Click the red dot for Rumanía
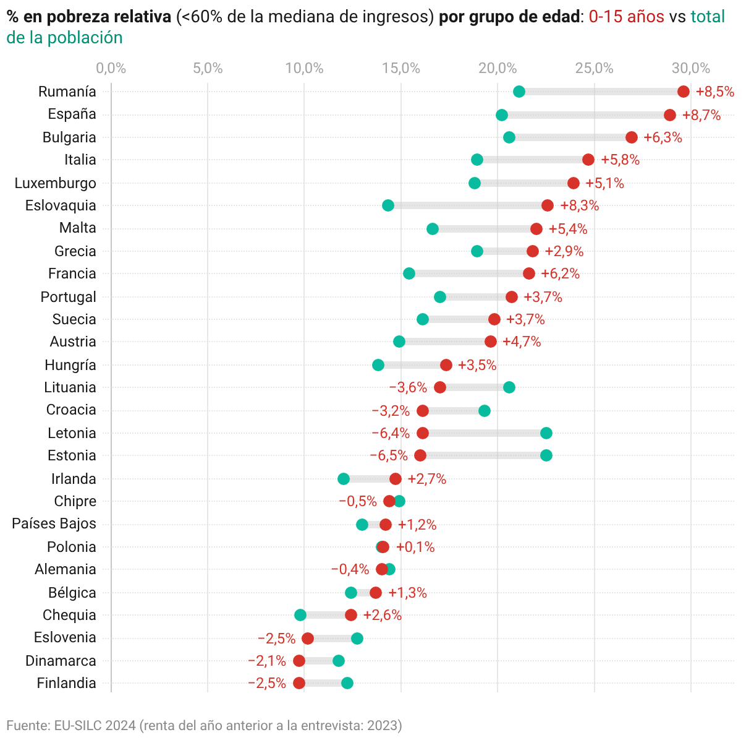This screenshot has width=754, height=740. point(683,92)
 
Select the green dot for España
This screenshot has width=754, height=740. point(502,115)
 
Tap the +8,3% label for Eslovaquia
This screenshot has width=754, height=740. point(579,205)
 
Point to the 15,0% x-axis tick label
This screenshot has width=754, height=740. point(400,68)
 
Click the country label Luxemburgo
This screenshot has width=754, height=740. point(55,183)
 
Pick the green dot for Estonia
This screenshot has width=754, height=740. point(546,455)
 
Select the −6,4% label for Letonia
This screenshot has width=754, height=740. point(390,433)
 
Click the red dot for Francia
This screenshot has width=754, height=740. point(529,273)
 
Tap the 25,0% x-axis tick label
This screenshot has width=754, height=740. point(594,68)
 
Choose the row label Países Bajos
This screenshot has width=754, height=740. point(54,523)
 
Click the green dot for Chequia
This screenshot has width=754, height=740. point(300,615)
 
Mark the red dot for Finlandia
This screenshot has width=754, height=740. point(299,683)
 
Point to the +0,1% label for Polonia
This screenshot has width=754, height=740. point(415,547)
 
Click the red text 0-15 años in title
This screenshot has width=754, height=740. point(626,17)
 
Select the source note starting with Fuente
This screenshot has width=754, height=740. point(204,725)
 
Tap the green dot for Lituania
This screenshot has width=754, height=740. point(509,387)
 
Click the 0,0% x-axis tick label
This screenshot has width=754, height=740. point(111,68)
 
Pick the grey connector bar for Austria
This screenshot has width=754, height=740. point(445,342)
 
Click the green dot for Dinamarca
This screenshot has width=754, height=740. point(339,661)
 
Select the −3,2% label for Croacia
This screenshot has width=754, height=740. point(390,411)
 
